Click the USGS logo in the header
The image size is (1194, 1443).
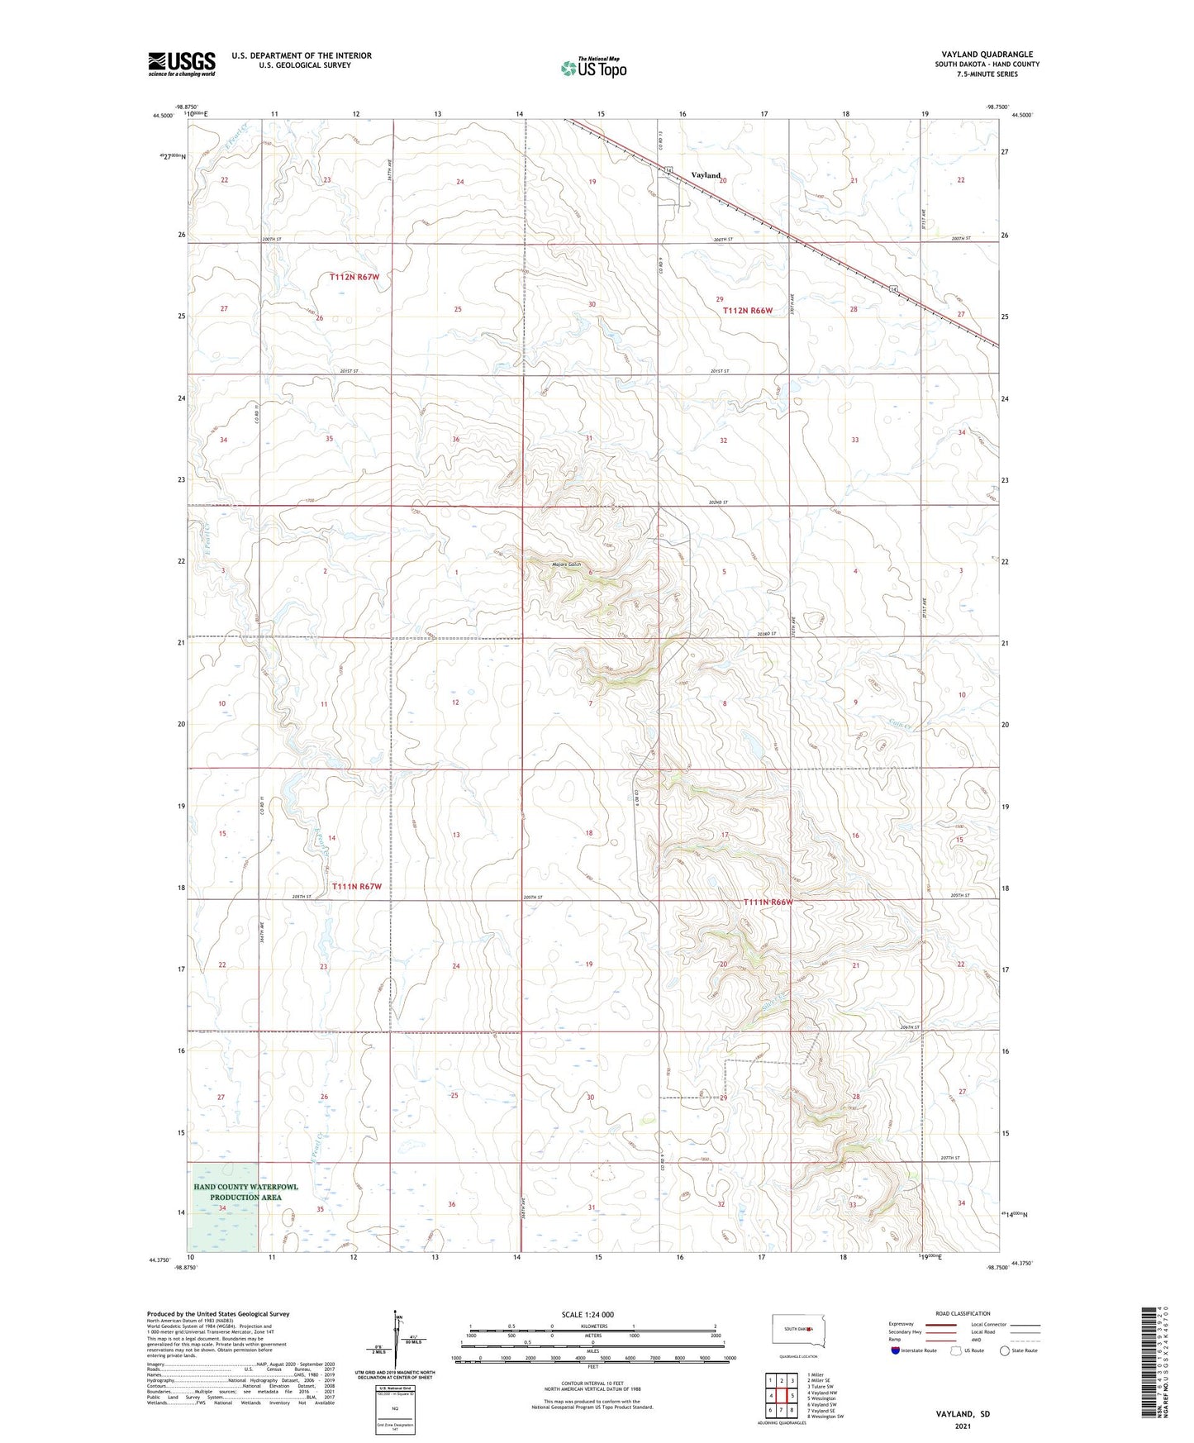point(182,64)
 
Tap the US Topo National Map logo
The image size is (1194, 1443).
point(593,67)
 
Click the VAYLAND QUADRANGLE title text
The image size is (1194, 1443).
point(987,55)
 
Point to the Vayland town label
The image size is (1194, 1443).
point(706,175)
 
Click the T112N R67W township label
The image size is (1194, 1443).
point(354,277)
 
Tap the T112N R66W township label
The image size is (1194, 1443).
point(748,311)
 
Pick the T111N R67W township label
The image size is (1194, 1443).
point(357,886)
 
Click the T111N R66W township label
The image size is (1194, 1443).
point(768,902)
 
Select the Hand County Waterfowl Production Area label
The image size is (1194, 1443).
point(245,1192)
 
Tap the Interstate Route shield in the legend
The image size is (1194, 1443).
point(897,1350)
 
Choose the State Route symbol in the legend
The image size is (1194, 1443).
point(1004,1350)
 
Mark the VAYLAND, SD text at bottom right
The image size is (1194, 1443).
point(963,1413)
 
